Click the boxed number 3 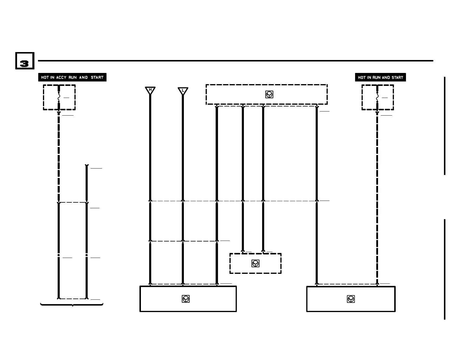tap(25, 61)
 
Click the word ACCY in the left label tap(61, 77)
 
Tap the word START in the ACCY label tap(97, 77)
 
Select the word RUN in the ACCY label tap(72, 77)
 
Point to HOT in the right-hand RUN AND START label tap(362, 77)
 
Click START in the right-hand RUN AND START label tap(397, 77)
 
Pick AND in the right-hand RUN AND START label tap(386, 77)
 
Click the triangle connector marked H tap(150, 90)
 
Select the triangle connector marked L tap(183, 91)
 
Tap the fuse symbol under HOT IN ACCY tap(59, 97)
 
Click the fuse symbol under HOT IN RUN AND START tap(377, 97)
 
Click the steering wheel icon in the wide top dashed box tap(269, 94)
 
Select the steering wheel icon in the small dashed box tap(255, 263)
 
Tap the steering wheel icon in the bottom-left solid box tap(186, 299)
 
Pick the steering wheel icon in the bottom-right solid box tap(351, 299)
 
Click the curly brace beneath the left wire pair tap(72, 305)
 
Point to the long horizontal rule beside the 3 tap(235, 61)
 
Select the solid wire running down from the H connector tap(150, 147)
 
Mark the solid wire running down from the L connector tap(183, 147)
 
